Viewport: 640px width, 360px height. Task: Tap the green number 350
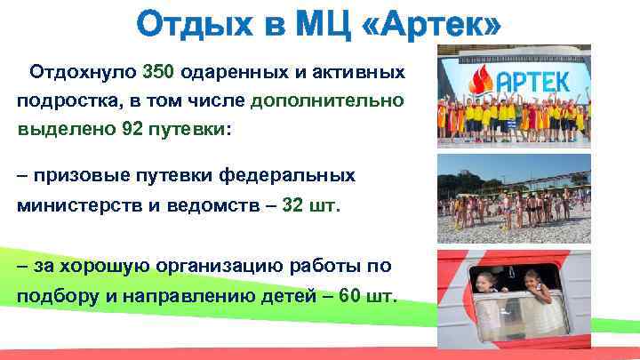click(159, 70)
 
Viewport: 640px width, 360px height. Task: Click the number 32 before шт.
click(294, 206)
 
